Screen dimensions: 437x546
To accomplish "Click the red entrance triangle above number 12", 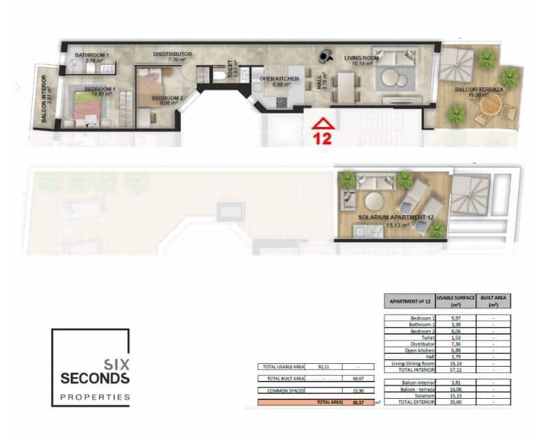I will click(321, 124).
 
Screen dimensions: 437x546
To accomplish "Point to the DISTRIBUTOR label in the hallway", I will click(173, 55).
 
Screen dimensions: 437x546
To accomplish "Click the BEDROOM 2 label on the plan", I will click(167, 98).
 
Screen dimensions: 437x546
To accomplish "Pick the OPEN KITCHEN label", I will click(279, 80).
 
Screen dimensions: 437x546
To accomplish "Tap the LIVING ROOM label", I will click(361, 59).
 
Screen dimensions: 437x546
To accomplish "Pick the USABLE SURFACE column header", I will click(455, 301).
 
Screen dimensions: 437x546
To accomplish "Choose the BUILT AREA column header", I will click(492, 301).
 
